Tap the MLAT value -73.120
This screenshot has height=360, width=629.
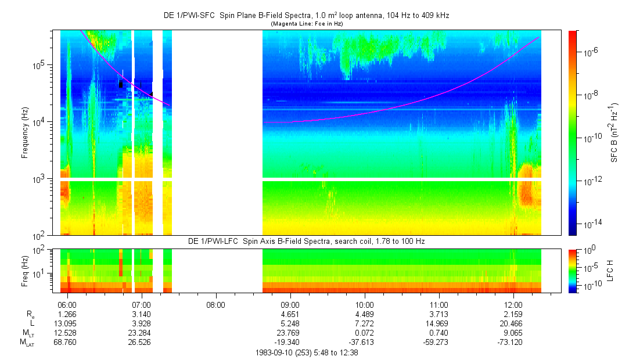pyautogui.click(x=513, y=343)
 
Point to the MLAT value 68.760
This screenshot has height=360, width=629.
pyautogui.click(x=67, y=343)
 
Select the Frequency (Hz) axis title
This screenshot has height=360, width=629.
pyautogui.click(x=25, y=132)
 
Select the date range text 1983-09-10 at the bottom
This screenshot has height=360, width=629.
pyautogui.click(x=306, y=352)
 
